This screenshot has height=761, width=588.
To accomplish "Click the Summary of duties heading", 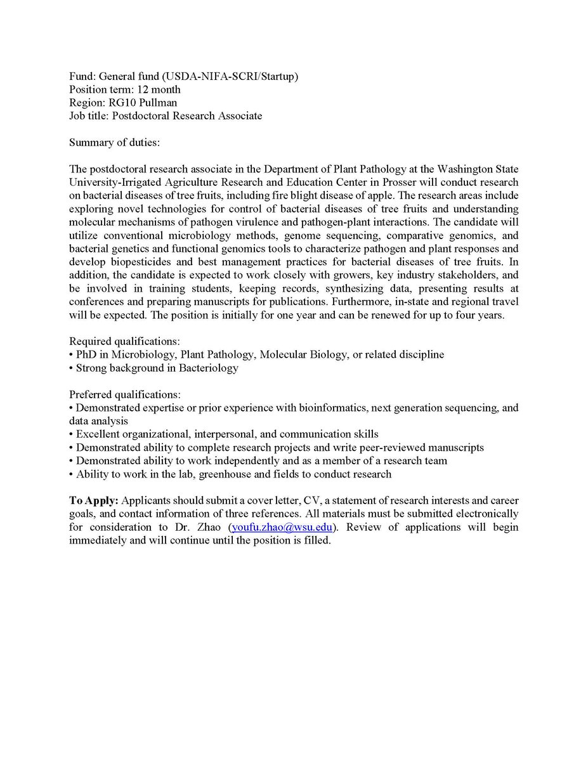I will pyautogui.click(x=114, y=143).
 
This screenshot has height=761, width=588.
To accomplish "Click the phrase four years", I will pyautogui.click(x=481, y=315).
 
